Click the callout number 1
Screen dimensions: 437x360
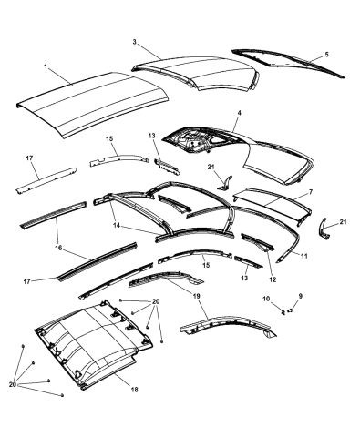[x=45, y=66]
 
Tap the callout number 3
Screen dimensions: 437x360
[x=135, y=42]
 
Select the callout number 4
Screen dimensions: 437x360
[x=238, y=113]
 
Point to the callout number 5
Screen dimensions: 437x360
[x=327, y=55]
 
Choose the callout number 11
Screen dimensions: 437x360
[x=304, y=258]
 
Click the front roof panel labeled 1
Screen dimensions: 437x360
[x=91, y=100]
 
